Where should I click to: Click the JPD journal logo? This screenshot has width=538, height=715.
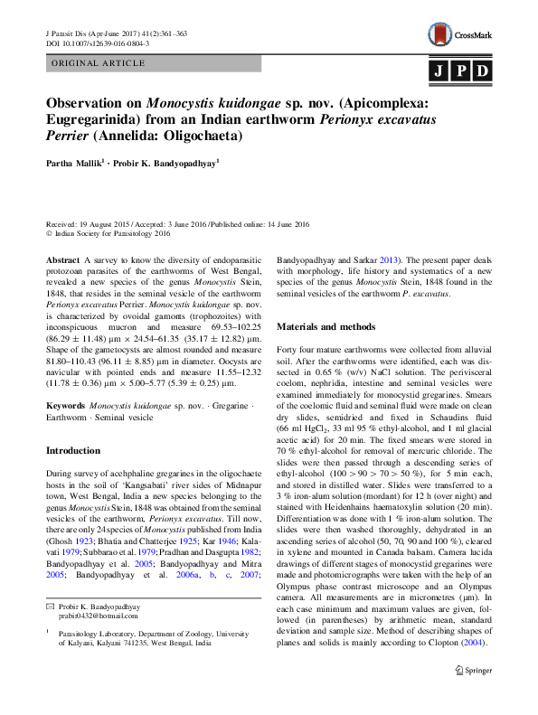459,71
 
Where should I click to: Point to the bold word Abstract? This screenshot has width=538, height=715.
62,259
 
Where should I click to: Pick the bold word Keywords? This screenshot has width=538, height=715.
66,408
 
